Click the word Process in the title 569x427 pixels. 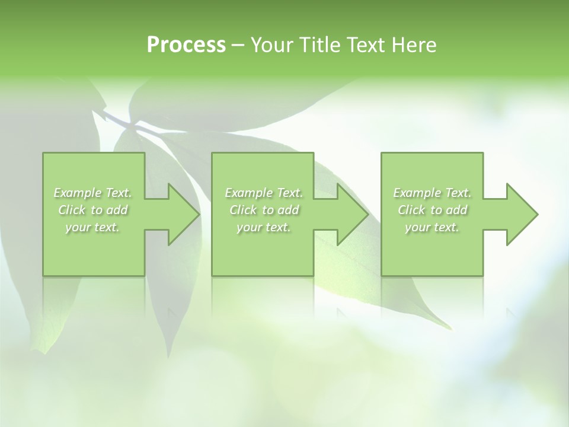coord(186,44)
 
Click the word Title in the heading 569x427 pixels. coord(319,44)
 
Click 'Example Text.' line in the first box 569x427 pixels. coord(92,193)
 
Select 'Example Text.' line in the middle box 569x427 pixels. coord(264,193)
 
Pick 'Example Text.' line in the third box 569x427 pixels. coord(432,193)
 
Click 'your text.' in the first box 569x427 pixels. coord(92,227)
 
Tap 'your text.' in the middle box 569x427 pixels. coord(264,227)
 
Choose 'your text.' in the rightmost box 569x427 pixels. coord(432,227)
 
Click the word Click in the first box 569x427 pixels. coord(72,210)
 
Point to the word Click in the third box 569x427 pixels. coord(411,210)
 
